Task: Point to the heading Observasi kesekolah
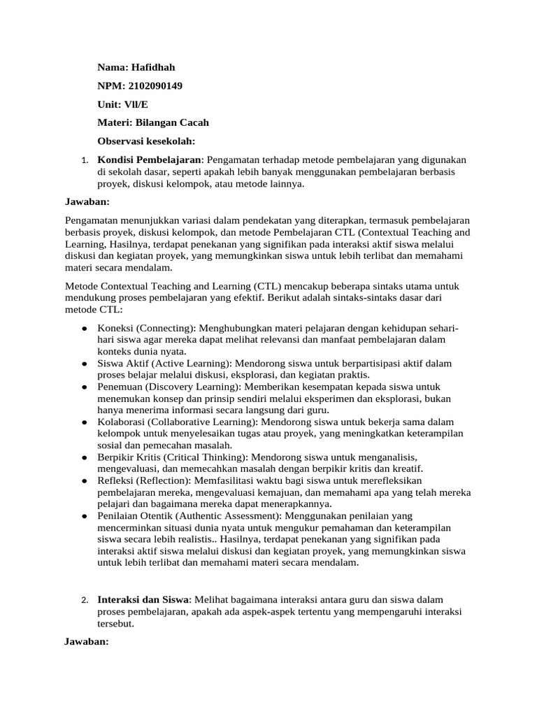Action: (x=146, y=141)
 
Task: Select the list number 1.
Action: (x=83, y=162)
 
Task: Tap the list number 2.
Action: (x=83, y=601)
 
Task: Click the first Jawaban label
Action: (x=87, y=201)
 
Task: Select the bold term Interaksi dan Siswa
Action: (x=143, y=600)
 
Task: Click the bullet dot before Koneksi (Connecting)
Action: (x=84, y=327)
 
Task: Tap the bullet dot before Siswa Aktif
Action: (x=84, y=364)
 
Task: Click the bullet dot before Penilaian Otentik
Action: (x=84, y=517)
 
